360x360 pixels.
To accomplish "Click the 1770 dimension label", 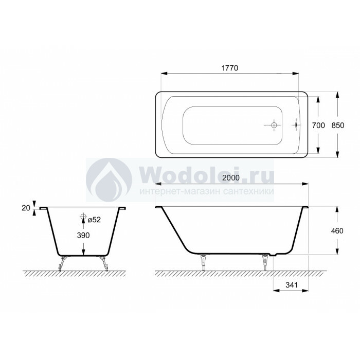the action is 230,68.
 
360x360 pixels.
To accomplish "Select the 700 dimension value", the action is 318,125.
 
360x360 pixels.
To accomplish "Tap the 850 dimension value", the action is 338,125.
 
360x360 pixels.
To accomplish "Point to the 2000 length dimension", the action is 231,178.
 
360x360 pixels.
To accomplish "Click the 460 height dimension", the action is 337,231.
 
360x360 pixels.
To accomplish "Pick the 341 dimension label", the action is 292,285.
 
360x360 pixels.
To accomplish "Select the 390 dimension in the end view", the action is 83,236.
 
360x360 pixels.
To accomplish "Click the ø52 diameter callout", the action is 94,220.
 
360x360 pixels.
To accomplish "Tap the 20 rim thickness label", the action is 26,208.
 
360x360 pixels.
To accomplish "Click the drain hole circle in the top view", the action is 274,125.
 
